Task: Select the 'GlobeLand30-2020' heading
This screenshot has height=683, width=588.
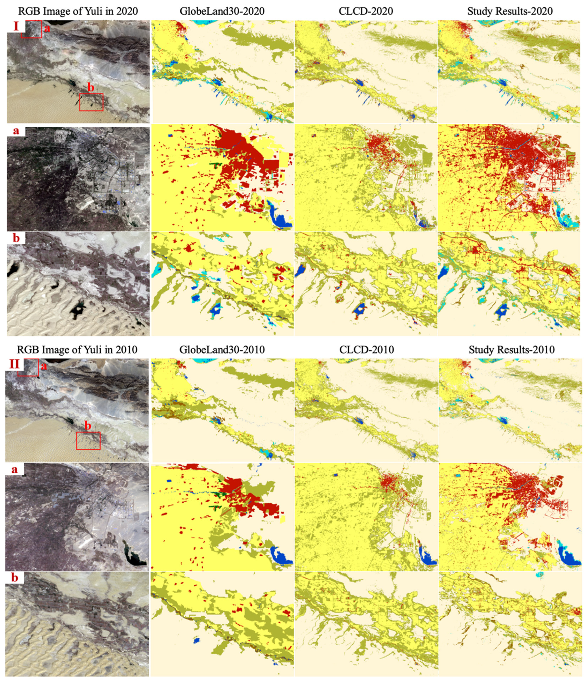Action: pyautogui.click(x=222, y=11)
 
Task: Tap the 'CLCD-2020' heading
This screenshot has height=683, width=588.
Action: pyautogui.click(x=366, y=11)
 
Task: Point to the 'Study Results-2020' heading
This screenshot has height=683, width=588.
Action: pyautogui.click(x=510, y=11)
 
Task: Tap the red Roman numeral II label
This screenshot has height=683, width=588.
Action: pyautogui.click(x=14, y=364)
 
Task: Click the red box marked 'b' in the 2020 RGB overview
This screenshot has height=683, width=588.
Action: pyautogui.click(x=91, y=102)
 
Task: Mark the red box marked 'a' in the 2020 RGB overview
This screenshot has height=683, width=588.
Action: pyautogui.click(x=32, y=29)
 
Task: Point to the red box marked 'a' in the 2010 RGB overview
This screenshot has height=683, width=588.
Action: pyautogui.click(x=28, y=368)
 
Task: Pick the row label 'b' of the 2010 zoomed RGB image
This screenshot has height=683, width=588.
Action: pyautogui.click(x=14, y=578)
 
